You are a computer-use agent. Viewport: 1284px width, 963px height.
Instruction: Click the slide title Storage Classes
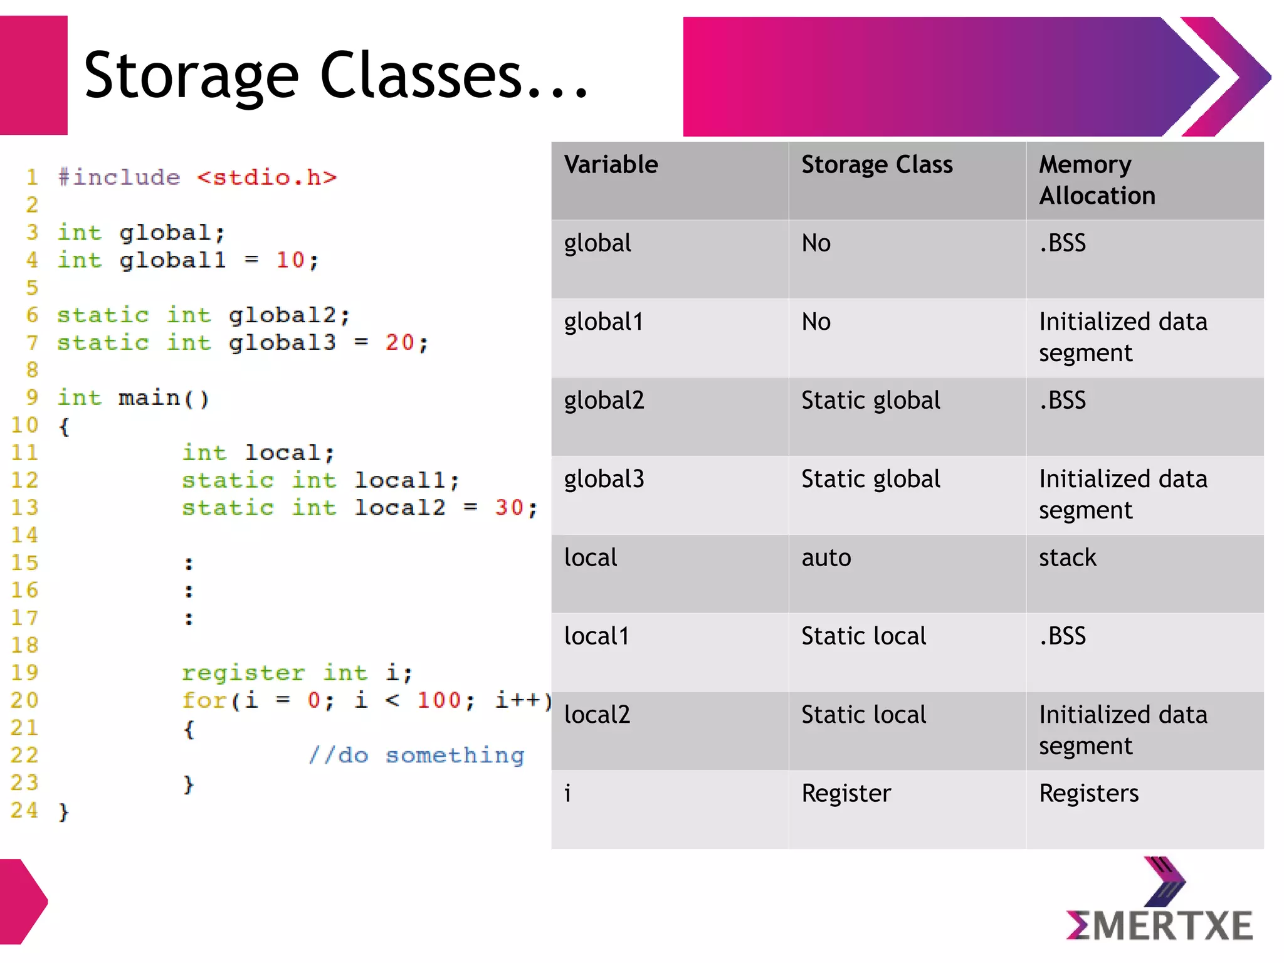point(336,75)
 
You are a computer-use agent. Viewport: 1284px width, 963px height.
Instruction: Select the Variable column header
point(611,165)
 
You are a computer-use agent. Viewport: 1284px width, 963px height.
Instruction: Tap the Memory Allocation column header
point(1097,180)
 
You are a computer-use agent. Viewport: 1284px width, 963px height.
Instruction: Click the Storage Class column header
point(876,165)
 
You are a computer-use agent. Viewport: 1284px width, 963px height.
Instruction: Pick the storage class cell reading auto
point(826,558)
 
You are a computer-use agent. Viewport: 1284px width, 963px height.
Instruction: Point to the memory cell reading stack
point(1067,558)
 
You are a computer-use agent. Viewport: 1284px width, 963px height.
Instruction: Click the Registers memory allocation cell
point(1088,794)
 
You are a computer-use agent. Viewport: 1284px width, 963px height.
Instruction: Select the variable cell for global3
point(604,480)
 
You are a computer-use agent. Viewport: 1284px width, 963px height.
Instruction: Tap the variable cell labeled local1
point(596,636)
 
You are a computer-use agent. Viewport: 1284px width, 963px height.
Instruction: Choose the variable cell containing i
point(567,794)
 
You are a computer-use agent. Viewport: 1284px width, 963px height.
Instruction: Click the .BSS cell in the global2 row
point(1062,401)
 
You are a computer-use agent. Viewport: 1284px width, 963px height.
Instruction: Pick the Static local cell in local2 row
point(863,715)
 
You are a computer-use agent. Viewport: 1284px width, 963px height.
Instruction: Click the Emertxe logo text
point(1159,926)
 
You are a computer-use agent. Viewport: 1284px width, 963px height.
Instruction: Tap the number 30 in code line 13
point(508,507)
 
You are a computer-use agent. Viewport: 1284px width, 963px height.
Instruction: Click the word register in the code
point(243,673)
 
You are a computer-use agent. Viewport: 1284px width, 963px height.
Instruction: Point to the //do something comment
point(416,755)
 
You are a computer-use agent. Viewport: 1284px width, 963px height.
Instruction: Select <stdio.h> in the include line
point(267,177)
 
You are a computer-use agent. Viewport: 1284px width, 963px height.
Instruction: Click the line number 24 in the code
point(24,810)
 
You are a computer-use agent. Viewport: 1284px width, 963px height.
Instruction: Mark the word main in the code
point(149,398)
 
